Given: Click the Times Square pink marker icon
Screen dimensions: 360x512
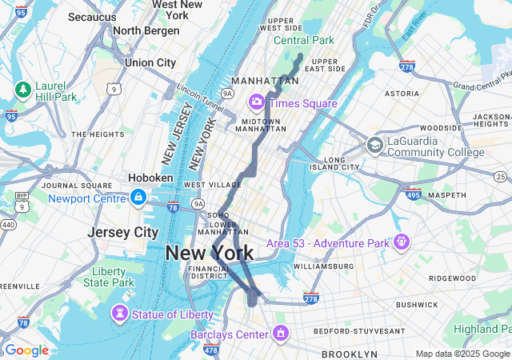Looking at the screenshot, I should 257,102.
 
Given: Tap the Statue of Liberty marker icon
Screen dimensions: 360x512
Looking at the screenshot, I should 120,314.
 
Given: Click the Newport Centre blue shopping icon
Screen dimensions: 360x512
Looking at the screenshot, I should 138,197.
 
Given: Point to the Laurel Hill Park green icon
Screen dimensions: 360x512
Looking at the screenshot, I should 22,88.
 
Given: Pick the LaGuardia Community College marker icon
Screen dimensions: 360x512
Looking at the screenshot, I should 374,145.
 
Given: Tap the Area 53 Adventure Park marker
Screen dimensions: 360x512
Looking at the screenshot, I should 401,242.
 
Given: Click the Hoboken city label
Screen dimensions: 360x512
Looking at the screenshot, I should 150,178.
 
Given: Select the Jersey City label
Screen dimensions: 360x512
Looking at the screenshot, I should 123,232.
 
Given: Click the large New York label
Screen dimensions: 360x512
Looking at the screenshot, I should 210,254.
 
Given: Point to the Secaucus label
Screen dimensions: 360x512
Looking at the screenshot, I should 92,16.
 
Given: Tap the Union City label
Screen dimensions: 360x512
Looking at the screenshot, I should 150,62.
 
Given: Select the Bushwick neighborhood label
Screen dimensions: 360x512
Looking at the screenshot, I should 416,304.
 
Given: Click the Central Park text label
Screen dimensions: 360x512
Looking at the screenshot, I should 303,40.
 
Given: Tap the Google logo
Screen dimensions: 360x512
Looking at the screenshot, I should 26,350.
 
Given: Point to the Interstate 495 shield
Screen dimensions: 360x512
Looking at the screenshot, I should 413,194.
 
